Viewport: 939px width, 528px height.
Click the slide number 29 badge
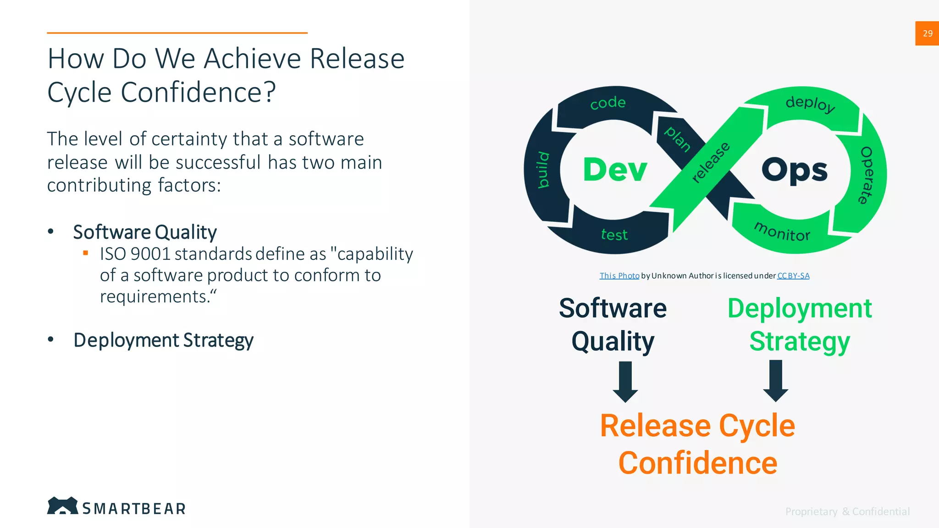coord(927,33)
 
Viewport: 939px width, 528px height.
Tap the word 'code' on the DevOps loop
coord(608,103)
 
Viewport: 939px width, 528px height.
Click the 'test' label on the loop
coord(614,235)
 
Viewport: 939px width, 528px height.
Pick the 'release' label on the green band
coord(711,162)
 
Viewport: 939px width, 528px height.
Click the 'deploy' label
coord(810,104)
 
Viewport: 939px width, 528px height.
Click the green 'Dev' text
coord(615,170)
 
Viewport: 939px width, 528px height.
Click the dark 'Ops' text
coord(795,170)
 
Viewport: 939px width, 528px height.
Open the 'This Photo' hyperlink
coord(619,275)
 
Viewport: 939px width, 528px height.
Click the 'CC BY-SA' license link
coord(793,275)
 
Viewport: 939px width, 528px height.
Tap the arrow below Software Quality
coord(625,381)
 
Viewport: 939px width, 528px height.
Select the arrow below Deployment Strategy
coord(776,380)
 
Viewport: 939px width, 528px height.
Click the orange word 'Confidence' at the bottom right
coord(697,463)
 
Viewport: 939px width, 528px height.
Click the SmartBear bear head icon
coord(62,506)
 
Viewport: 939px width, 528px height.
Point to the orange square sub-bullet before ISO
coord(85,253)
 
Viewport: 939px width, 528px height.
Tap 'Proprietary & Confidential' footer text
coord(847,511)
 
